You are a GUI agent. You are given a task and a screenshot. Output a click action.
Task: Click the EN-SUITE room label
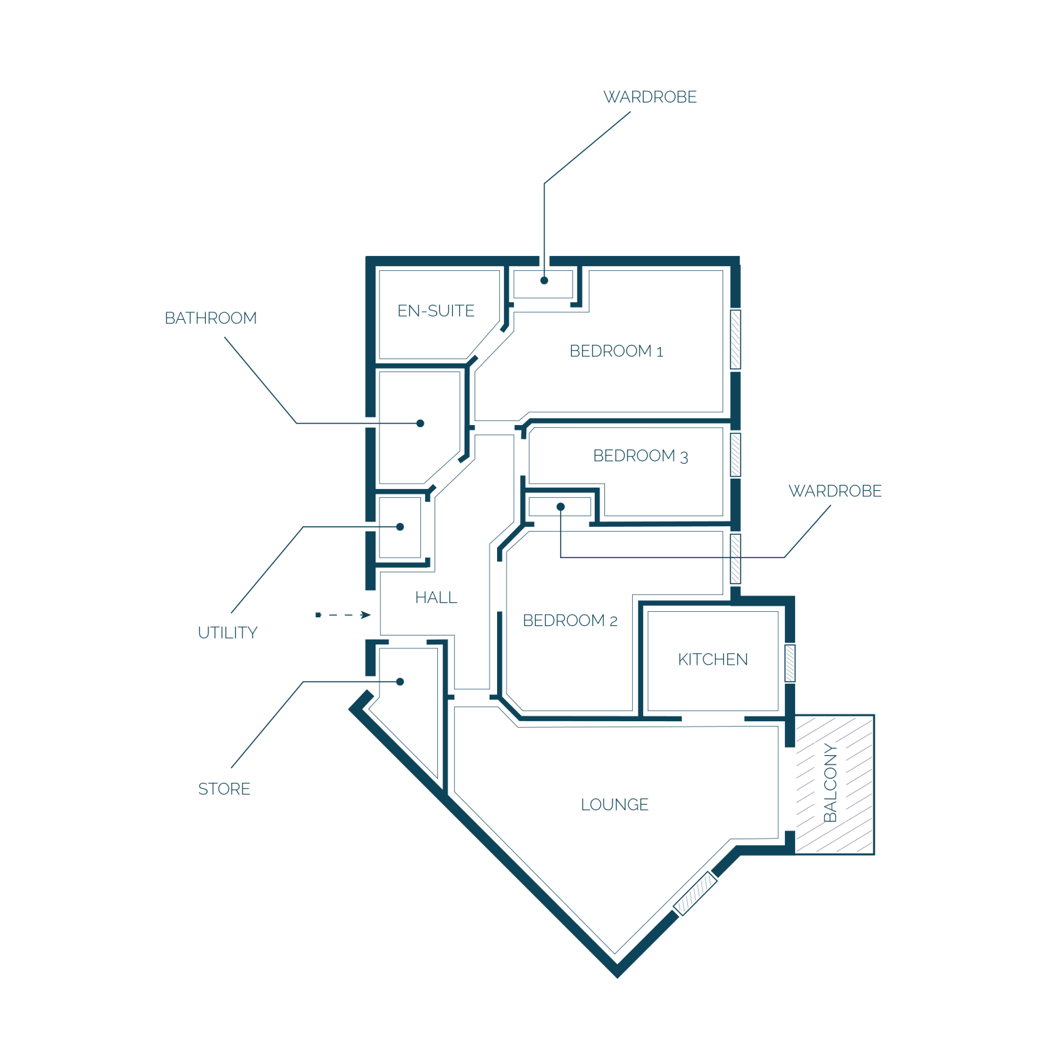pyautogui.click(x=436, y=311)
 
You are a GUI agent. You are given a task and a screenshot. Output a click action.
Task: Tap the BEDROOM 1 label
pyautogui.click(x=616, y=351)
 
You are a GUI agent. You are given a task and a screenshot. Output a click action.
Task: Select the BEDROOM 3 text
pyautogui.click(x=640, y=456)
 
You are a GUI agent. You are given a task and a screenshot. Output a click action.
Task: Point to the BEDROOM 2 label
pyautogui.click(x=570, y=621)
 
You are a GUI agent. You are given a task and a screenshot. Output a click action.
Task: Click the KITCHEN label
pyautogui.click(x=713, y=659)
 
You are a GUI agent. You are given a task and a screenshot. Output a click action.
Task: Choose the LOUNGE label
pyautogui.click(x=615, y=805)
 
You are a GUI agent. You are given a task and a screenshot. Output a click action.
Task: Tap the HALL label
pyautogui.click(x=436, y=598)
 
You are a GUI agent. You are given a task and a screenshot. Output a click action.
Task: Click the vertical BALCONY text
pyautogui.click(x=830, y=783)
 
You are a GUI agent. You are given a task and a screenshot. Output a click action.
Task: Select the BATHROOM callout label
pyautogui.click(x=211, y=318)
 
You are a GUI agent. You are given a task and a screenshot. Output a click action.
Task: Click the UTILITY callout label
pyautogui.click(x=227, y=633)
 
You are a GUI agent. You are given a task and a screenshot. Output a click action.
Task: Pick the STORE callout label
pyautogui.click(x=224, y=789)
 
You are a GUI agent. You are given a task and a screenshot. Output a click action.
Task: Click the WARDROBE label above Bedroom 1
pyautogui.click(x=650, y=97)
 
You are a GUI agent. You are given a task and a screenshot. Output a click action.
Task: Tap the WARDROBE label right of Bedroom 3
pyautogui.click(x=835, y=491)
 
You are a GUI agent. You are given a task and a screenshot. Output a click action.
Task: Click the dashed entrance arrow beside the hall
pyautogui.click(x=343, y=615)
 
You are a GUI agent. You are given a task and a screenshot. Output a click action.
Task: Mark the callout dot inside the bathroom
pyautogui.click(x=420, y=423)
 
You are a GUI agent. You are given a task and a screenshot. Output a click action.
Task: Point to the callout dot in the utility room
pyautogui.click(x=400, y=527)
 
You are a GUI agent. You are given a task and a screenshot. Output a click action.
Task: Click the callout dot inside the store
pyautogui.click(x=400, y=682)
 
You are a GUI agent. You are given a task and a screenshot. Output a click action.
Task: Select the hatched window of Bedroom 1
pyautogui.click(x=735, y=340)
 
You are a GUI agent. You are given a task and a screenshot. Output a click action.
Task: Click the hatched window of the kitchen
pyautogui.click(x=790, y=663)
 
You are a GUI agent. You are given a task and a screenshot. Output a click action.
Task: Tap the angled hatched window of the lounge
pyautogui.click(x=695, y=894)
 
